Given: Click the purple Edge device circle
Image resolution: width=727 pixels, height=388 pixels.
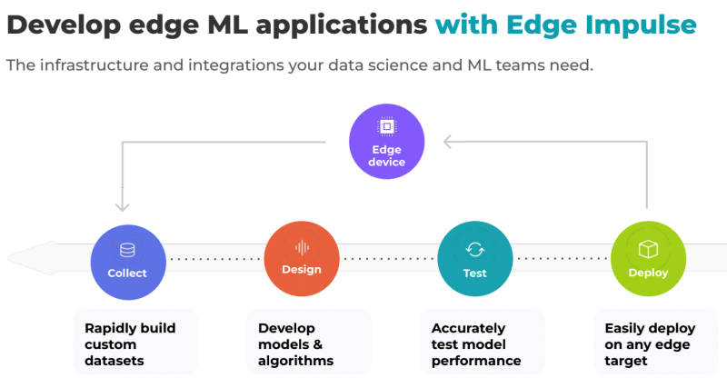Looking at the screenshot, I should click(x=387, y=142).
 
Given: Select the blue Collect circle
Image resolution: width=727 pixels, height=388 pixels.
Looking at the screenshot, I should click(x=127, y=260).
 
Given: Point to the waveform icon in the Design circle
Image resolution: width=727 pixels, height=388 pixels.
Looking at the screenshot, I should click(x=302, y=247).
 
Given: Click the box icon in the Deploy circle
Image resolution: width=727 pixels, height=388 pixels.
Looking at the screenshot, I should click(x=648, y=248).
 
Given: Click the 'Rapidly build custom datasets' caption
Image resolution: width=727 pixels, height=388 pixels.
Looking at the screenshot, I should click(x=130, y=343).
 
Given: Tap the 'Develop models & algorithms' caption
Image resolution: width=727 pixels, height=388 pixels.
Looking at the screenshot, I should click(x=295, y=343).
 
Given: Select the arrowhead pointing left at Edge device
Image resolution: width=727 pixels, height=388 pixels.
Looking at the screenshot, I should click(x=449, y=141).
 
